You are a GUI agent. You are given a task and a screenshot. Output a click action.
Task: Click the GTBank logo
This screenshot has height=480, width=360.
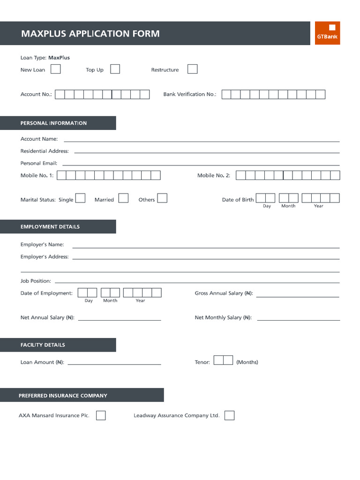click(327, 33)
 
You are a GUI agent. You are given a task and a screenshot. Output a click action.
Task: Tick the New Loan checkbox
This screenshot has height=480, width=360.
click(55, 69)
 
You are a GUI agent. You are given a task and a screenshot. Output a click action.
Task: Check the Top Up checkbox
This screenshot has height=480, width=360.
click(115, 69)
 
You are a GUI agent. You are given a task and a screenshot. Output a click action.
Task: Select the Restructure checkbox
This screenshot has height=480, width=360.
click(192, 69)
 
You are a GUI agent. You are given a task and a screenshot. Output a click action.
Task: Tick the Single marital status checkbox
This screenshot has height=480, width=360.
click(80, 198)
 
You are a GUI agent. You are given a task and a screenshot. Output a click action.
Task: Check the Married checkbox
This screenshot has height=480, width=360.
click(123, 198)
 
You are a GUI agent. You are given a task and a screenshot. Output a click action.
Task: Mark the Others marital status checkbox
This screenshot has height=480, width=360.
click(162, 198)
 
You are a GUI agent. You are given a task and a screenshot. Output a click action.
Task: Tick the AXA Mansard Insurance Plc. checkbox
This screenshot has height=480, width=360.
click(101, 415)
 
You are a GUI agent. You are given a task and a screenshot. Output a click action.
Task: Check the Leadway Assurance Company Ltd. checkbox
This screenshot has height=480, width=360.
click(229, 415)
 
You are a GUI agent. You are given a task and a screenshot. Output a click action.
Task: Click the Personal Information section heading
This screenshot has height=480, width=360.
click(53, 123)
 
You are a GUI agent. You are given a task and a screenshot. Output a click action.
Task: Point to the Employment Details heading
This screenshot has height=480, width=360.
click(50, 227)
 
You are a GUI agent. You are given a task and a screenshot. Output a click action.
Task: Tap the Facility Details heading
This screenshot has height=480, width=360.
click(43, 345)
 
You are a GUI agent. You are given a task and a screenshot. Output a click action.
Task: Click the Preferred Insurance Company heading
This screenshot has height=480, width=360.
click(63, 396)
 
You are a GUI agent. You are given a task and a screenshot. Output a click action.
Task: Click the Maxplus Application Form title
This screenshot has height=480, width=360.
click(90, 34)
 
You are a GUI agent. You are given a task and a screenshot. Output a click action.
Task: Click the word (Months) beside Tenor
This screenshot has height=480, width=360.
click(247, 362)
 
